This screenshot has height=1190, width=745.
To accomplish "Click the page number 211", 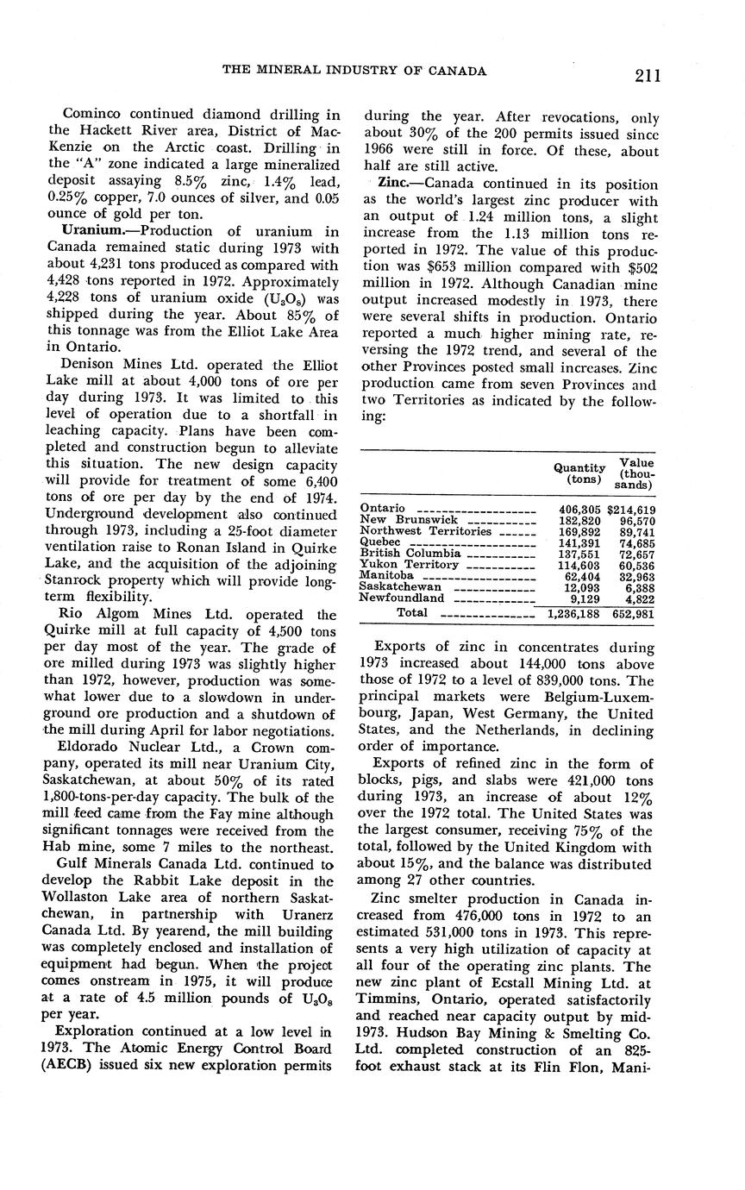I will (x=648, y=75).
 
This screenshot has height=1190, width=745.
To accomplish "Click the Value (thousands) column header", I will (x=636, y=473).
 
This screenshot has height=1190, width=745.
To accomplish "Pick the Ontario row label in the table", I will (x=383, y=508).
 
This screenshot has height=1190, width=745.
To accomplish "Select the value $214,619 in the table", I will (x=631, y=510).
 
